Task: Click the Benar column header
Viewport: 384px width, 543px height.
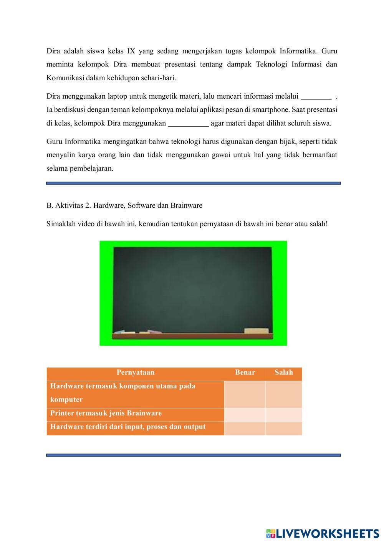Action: pyautogui.click(x=245, y=372)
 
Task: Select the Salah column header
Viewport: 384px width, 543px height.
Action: pyautogui.click(x=284, y=372)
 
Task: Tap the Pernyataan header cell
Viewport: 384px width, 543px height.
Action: pyautogui.click(x=135, y=372)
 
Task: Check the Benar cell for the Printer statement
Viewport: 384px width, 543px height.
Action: pyautogui.click(x=245, y=414)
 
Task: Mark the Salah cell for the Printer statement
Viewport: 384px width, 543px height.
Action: pyautogui.click(x=284, y=414)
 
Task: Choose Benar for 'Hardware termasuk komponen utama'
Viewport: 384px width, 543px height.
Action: pyautogui.click(x=245, y=394)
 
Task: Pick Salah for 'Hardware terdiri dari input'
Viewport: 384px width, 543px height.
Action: pyautogui.click(x=284, y=428)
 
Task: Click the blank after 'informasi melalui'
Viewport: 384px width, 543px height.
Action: pyautogui.click(x=316, y=96)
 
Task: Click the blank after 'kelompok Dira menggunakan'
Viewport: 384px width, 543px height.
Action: pyautogui.click(x=188, y=123)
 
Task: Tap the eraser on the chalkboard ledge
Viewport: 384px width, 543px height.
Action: pyautogui.click(x=257, y=331)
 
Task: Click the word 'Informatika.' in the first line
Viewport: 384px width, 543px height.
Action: pyautogui.click(x=298, y=51)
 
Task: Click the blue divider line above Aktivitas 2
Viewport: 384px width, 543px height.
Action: pyautogui.click(x=193, y=183)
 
